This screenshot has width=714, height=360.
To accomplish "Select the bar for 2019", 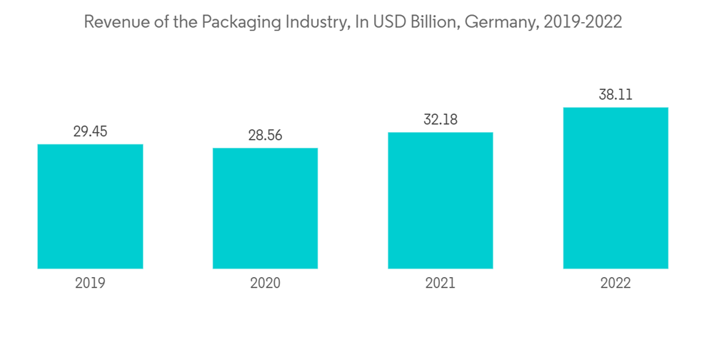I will coord(90,206).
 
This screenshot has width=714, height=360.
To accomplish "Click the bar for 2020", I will coord(265,209).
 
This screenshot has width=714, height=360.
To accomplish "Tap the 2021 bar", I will coord(441,201).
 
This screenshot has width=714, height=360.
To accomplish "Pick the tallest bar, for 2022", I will coord(615,189).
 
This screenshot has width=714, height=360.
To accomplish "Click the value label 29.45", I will coord(90,131).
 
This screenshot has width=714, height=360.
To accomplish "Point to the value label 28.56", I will coord(265,136).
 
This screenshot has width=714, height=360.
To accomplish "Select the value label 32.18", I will coord(441,120).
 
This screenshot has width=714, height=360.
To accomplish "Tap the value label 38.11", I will coord(615,95).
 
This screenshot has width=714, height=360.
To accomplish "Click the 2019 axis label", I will coord(90,284).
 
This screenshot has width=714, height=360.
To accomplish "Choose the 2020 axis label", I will coord(265,284).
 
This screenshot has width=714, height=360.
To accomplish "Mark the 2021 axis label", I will coord(441,284).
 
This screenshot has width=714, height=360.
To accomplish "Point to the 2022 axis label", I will coord(615,284).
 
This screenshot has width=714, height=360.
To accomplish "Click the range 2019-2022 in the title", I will coord(583,22).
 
